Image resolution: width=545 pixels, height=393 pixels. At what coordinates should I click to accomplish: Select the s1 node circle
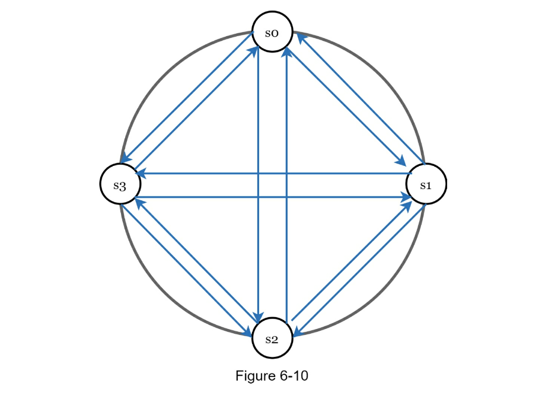[x=426, y=184]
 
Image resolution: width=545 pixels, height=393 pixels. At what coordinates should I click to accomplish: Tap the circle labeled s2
[x=272, y=339]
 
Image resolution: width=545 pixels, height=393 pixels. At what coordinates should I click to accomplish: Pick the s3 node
[x=120, y=185]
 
